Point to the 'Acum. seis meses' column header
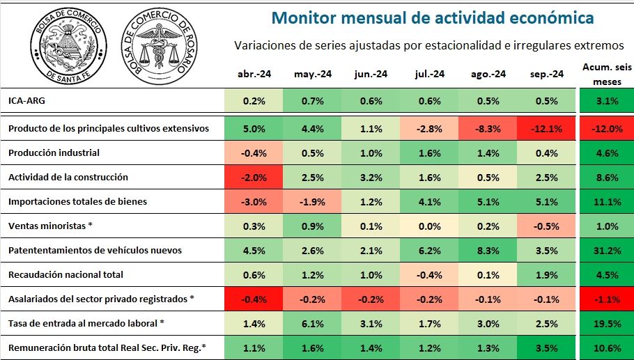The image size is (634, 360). [x=607, y=74]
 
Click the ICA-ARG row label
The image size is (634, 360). [x=24, y=101]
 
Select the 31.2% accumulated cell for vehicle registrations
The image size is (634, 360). [x=607, y=250]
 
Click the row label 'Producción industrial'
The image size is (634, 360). [x=54, y=152]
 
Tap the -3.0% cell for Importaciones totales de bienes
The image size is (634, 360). [x=254, y=201]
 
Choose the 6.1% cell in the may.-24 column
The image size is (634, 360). [x=312, y=323]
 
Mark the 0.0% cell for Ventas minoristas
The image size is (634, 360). [x=428, y=226]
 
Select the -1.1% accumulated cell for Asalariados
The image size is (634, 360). [x=607, y=299]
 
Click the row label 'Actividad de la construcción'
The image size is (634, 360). [x=68, y=177]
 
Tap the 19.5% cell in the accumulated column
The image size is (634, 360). [x=607, y=323]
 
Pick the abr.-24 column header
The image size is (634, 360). [x=254, y=74]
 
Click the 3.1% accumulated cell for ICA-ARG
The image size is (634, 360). [x=607, y=101]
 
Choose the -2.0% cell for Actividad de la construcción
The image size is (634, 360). [x=254, y=177]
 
